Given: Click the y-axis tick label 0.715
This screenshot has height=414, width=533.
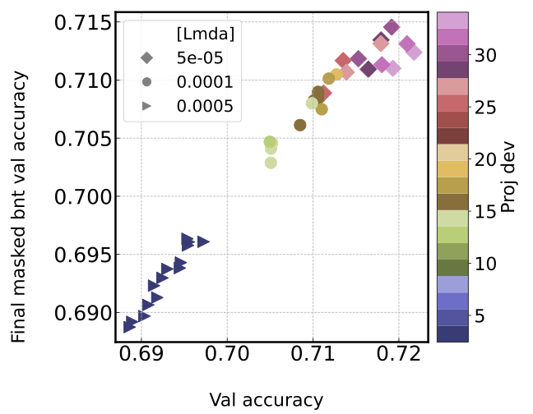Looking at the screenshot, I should pyautogui.click(x=81, y=23).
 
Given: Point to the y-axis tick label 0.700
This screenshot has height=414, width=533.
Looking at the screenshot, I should pyautogui.click(x=81, y=197).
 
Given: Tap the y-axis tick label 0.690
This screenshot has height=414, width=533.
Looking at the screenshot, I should pyautogui.click(x=81, y=314).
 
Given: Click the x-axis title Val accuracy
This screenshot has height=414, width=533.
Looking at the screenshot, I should pyautogui.click(x=266, y=400).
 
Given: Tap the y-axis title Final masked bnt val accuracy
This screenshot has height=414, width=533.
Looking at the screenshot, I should pyautogui.click(x=20, y=205).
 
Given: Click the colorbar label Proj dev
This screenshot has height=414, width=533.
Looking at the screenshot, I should pyautogui.click(x=508, y=177).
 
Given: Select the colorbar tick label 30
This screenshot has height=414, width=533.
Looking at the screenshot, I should pyautogui.click(x=484, y=55).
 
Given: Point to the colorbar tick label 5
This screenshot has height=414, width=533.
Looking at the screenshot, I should pyautogui.click(x=480, y=316).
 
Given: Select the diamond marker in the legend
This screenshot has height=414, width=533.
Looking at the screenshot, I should pyautogui.click(x=146, y=57).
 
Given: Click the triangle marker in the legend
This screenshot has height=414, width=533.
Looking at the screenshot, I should pyautogui.click(x=146, y=105).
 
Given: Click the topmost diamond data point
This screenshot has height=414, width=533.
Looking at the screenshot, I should pyautogui.click(x=392, y=27).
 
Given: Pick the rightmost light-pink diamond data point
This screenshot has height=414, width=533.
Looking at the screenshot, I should pyautogui.click(x=414, y=53).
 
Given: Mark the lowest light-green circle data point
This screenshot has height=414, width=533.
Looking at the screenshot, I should pyautogui.click(x=271, y=163).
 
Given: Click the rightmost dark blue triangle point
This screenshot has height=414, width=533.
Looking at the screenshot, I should pyautogui.click(x=203, y=241).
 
